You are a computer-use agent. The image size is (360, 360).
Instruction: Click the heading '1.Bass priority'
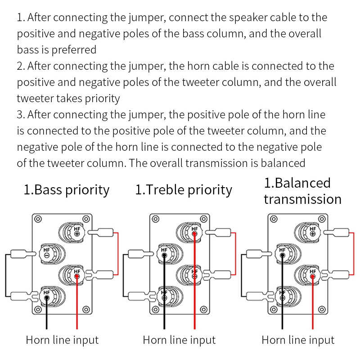[x=66, y=189]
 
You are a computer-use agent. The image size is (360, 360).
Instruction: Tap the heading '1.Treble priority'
[x=184, y=189]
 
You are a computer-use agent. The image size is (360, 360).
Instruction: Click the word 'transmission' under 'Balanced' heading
[x=302, y=199]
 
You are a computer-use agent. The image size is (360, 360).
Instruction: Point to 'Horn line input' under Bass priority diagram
[x=62, y=340]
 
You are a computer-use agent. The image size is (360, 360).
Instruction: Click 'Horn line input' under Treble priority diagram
[x=179, y=340]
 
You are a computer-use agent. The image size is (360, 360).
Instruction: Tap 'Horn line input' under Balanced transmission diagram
[x=298, y=340]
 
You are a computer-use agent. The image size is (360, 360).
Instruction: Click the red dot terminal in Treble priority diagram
[x=194, y=233]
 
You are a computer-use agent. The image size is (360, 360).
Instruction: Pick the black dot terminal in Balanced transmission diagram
[x=282, y=255]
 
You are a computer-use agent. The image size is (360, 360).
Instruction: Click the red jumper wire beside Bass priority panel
[x=118, y=253]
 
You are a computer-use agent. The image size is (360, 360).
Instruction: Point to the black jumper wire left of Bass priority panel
[x=6, y=275]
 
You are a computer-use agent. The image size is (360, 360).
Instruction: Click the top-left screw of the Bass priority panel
[x=38, y=220]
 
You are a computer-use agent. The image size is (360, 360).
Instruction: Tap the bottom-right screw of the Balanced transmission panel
[x=322, y=310]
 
